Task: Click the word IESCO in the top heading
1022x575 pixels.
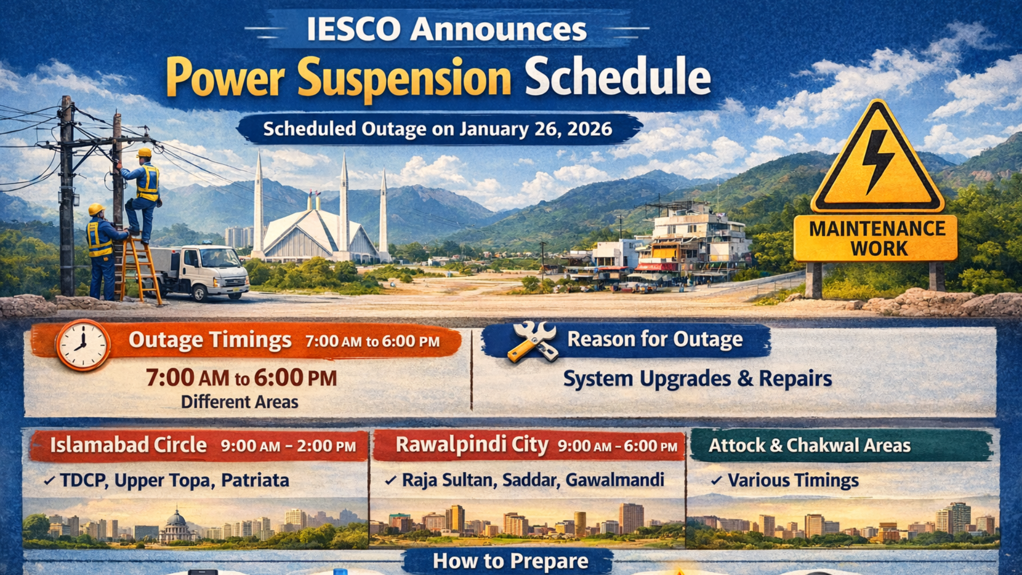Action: point(353,29)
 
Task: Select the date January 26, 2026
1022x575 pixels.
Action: point(535,129)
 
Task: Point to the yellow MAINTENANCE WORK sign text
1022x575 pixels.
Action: point(877,239)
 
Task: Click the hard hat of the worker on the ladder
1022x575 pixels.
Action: point(144,153)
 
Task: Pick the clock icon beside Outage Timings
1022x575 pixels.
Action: point(83,345)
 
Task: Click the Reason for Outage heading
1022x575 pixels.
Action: point(655,339)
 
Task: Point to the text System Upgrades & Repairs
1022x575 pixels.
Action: point(697,379)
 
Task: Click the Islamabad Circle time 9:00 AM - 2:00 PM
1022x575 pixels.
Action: point(288,446)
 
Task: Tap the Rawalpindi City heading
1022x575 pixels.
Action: point(472,445)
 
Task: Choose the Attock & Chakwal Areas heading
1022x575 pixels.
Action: point(809,445)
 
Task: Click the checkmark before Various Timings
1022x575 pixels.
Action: point(716,481)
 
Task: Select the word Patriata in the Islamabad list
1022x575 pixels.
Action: point(255,480)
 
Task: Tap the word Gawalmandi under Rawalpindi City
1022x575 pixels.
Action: point(614,480)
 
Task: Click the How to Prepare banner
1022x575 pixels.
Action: point(510,561)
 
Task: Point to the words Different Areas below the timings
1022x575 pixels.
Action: point(240,402)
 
